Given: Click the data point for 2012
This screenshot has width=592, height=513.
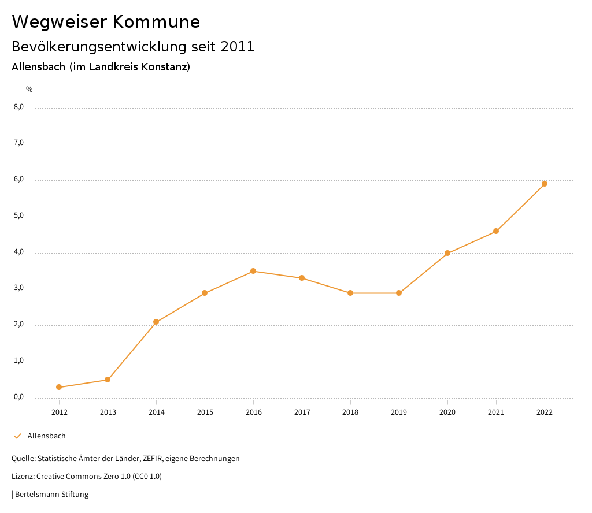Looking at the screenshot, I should click(59, 387).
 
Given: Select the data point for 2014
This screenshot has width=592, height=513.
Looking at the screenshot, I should click(156, 322).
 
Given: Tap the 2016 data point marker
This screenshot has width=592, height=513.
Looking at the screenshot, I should click(253, 271).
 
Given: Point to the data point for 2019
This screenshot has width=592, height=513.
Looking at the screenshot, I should click(399, 293).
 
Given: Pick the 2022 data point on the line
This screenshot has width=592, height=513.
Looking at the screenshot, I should click(545, 184).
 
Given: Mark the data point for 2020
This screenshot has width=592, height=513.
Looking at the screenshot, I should click(447, 253).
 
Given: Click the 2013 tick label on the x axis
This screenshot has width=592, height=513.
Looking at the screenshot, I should click(108, 412).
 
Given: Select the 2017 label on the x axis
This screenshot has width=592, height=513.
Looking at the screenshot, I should click(302, 412).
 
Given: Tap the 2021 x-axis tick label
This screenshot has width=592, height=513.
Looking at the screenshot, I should click(496, 412).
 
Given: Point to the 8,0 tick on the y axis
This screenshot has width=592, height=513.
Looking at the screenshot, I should click(18, 107).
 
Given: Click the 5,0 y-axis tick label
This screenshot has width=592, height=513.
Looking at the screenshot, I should click(18, 216).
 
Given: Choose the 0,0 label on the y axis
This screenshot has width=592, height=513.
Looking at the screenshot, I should click(18, 397).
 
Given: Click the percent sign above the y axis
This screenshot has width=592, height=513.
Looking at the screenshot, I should click(29, 90).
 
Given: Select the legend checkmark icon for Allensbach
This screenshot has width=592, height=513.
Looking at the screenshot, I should click(17, 436).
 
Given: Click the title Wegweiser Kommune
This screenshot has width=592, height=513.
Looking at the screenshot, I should click(106, 22).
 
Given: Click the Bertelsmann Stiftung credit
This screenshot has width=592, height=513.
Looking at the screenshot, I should click(51, 495).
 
